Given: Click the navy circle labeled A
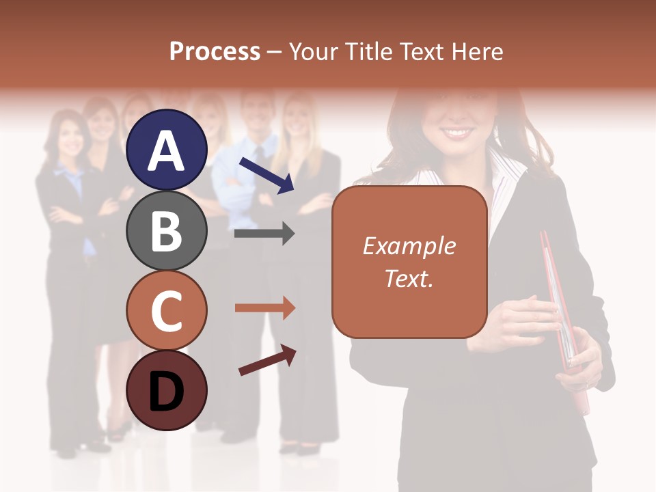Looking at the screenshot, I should [x=166, y=150].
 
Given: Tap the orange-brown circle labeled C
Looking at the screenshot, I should [x=166, y=310].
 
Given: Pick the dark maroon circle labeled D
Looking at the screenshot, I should [x=166, y=390].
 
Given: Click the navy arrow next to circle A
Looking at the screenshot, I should [x=266, y=174].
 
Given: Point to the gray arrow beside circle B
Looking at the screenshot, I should [x=264, y=234].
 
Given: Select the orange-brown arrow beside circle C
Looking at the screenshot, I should [x=264, y=308].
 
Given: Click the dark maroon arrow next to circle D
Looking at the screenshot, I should [x=267, y=360].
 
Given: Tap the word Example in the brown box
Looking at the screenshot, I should [x=409, y=246].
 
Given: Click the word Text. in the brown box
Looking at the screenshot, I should [x=409, y=279].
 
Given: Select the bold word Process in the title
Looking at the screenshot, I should [x=215, y=51].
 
